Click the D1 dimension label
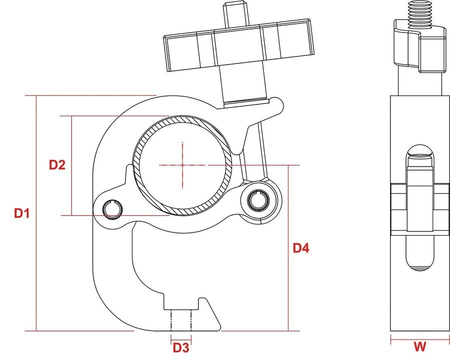(22, 213)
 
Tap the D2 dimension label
(57, 165)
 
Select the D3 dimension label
(181, 347)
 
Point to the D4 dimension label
(301, 248)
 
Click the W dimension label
(420, 346)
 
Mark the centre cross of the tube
(182, 165)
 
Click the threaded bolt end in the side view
(420, 14)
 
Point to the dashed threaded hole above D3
(181, 320)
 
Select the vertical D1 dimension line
(36, 213)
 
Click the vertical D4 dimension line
(288, 248)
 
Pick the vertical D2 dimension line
(71, 165)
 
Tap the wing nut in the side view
(421, 46)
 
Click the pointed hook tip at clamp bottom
(219, 327)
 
